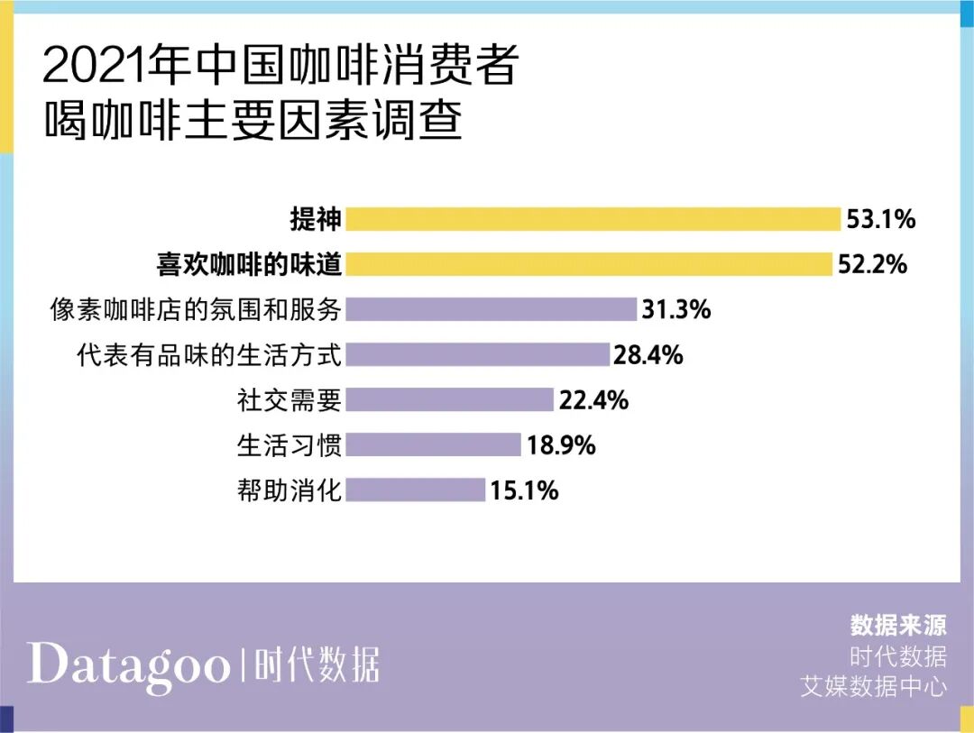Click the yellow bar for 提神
pos(593,219)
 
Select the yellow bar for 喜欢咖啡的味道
pos(588,264)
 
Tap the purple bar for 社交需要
pos(449,399)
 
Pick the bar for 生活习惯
pos(433,444)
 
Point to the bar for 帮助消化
pos(415,490)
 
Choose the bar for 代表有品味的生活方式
pos(477,354)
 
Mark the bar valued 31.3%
pos(491,309)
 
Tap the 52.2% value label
pos(872,265)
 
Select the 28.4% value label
pos(648,355)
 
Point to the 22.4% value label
pos(593,400)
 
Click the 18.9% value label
pos(562,445)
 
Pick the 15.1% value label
pos(525,490)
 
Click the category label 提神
pos(315,219)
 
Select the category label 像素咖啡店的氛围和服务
pos(196,310)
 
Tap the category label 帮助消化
pos(289,490)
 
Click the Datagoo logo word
pos(128,665)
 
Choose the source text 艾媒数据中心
pos(874,686)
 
